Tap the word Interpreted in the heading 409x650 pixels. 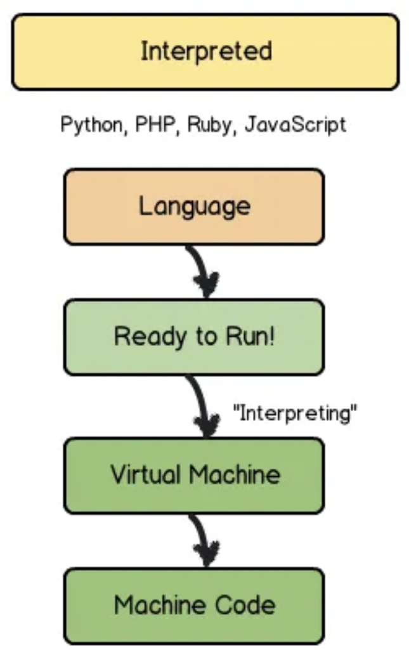(x=205, y=51)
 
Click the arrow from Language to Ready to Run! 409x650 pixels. (x=202, y=271)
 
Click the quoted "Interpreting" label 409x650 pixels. (x=295, y=414)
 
